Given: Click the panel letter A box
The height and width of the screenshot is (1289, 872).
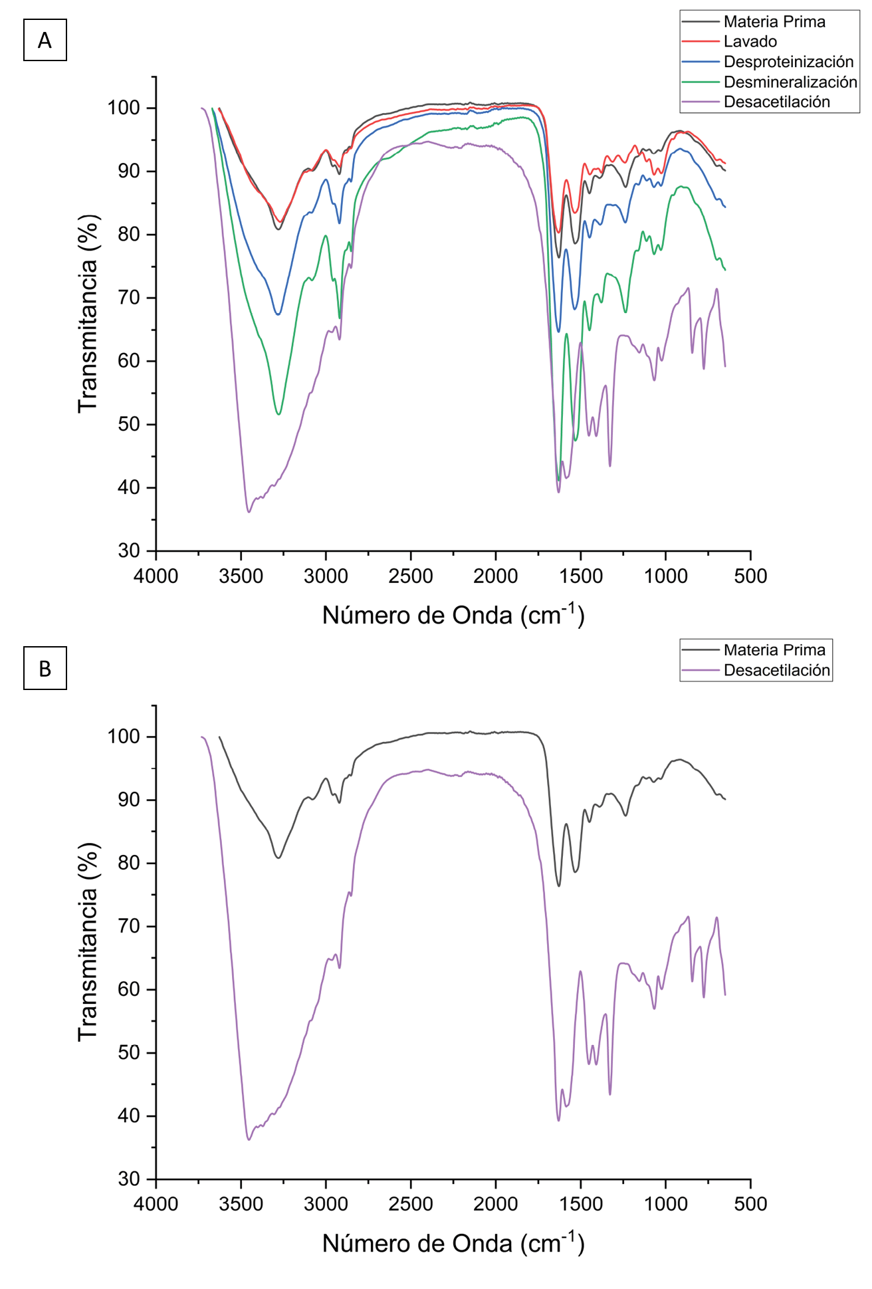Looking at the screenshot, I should pos(45,40).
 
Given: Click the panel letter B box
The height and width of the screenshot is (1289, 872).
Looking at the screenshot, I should pos(45,668).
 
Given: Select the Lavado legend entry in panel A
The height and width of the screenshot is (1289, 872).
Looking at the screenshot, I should pos(750,42).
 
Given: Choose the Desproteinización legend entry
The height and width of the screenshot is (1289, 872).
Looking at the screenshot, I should pos(788,62).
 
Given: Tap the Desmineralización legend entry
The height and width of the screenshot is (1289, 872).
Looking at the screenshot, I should pos(790,82).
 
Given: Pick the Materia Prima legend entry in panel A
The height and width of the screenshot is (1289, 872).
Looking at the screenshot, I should pos(774,22).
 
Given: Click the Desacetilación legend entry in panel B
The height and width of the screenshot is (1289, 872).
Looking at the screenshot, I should pos(776,670).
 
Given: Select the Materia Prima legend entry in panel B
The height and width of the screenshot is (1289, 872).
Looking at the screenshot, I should pos(774,650).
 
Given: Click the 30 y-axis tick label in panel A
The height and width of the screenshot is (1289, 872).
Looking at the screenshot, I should pos(129,551).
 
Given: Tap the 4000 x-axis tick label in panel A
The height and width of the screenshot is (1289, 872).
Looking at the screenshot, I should pos(156,576).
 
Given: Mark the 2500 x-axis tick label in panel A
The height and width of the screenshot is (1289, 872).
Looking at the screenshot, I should pos(411,576).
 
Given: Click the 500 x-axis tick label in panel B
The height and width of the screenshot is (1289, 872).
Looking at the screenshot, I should pos(750,1204).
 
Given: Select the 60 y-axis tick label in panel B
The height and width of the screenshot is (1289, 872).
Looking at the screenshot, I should pos(129,990).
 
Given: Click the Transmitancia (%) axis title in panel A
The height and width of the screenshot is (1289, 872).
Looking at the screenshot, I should pos(88,313).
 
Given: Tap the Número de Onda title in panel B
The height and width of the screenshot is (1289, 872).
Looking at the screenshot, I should pos(453,1243).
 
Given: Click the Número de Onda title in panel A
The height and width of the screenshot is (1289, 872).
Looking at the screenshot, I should pos(453,615).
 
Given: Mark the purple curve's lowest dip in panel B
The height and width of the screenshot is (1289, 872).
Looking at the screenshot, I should pos(249,1140).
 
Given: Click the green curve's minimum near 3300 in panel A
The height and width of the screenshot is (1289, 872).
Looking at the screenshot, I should pos(278,414).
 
